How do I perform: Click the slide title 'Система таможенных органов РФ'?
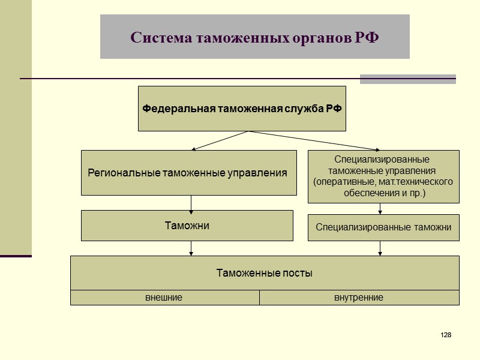click(x=254, y=37)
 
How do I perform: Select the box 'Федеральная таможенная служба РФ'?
click(x=242, y=109)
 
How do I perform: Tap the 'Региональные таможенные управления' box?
click(x=188, y=173)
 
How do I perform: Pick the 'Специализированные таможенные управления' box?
click(x=383, y=176)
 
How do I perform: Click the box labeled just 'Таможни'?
click(x=187, y=226)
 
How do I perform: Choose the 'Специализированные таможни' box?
click(x=383, y=227)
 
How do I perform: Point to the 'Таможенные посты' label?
click(x=265, y=273)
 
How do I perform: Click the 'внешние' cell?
click(x=164, y=298)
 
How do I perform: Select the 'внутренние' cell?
click(x=359, y=298)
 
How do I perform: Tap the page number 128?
click(x=445, y=334)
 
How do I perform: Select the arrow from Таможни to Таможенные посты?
click(x=191, y=248)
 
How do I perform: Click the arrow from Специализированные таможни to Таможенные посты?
click(x=380, y=248)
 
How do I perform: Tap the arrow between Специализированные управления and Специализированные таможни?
click(x=380, y=209)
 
